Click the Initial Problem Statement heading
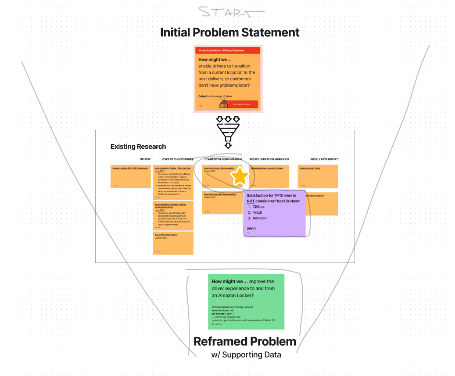[x=229, y=32]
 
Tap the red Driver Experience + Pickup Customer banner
[x=228, y=50]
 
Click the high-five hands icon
[x=223, y=104]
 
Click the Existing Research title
[x=138, y=147]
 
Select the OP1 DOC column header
[x=145, y=159]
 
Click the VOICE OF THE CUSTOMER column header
[x=177, y=159]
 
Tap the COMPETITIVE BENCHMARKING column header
[x=223, y=159]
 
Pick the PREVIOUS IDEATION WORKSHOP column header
[x=270, y=159]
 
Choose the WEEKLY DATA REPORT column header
[x=324, y=159]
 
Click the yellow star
[x=240, y=176]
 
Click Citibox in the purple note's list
[x=258, y=207]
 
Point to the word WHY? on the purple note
[x=251, y=229]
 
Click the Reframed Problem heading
[x=245, y=341]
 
